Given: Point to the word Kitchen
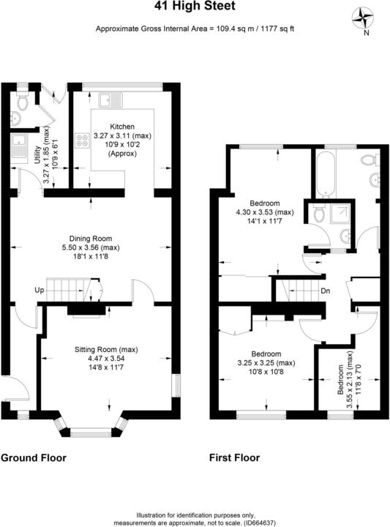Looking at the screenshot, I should tap(121, 127).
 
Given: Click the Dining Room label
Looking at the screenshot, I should tap(90, 238).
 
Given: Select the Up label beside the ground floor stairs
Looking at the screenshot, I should tap(39, 291).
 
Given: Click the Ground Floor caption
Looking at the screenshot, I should tap(33, 458).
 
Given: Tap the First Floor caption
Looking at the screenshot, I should tap(234, 458).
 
